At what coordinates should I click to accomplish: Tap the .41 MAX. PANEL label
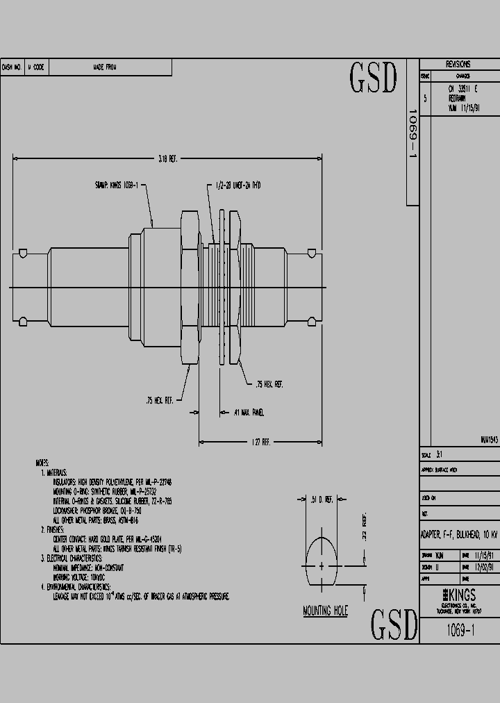coord(249,413)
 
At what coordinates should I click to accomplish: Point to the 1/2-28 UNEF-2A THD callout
coord(237,185)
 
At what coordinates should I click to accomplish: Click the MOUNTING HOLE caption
coord(325,611)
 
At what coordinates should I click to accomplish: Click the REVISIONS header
coord(458,64)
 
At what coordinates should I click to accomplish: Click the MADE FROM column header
coord(104,67)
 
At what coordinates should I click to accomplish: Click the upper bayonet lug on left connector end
coord(23,251)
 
